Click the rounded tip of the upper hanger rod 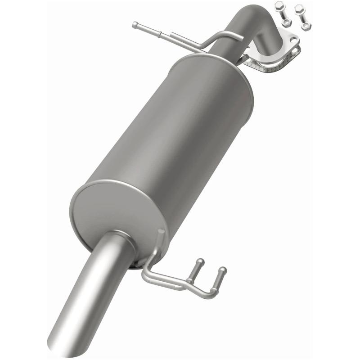pos(135,24)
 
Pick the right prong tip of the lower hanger pos(223,270)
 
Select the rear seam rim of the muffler pos(216,63)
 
